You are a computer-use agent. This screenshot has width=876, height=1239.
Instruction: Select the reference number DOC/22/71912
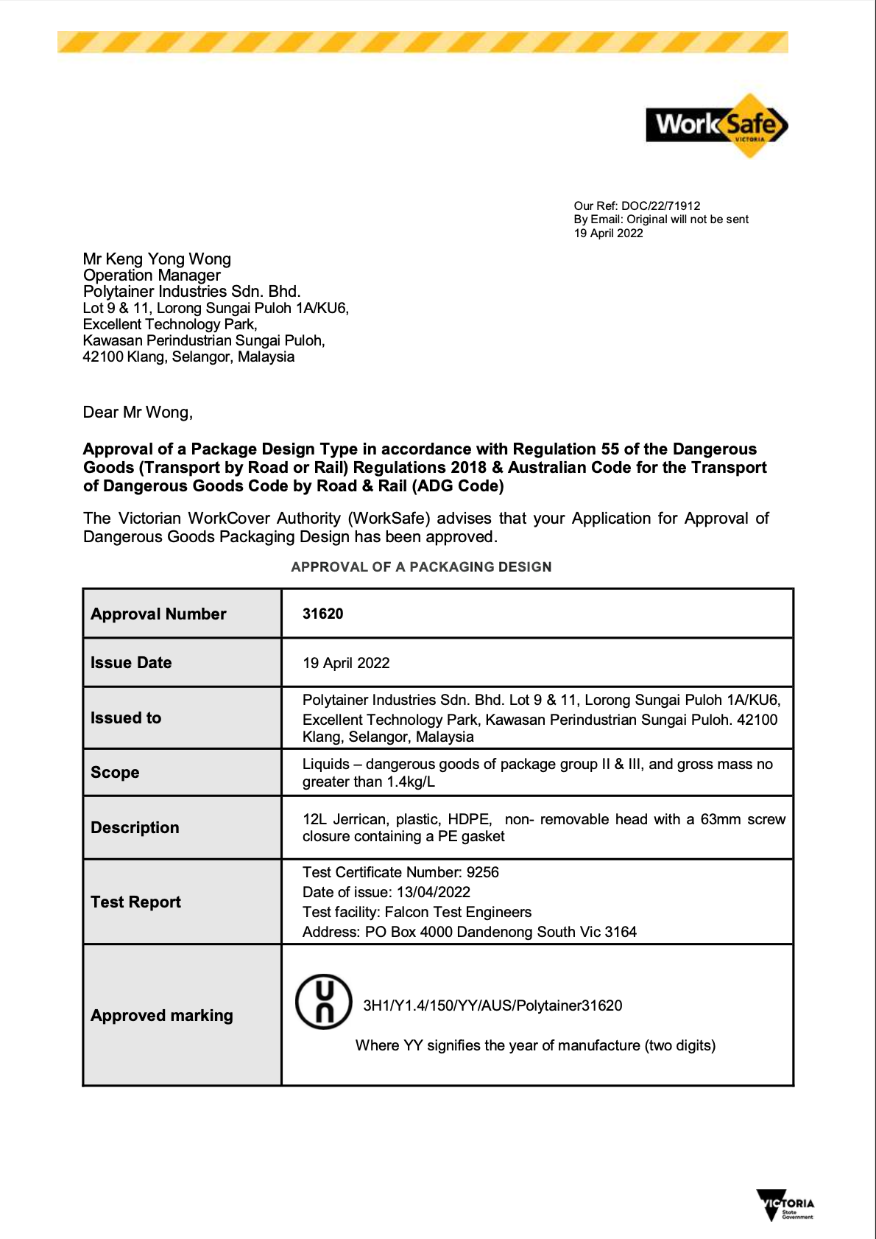coord(660,206)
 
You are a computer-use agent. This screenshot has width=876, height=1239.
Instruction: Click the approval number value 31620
coord(322,614)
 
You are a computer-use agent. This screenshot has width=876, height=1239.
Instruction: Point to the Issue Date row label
coord(131,662)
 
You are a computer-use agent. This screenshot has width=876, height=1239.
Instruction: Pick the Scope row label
coord(115,772)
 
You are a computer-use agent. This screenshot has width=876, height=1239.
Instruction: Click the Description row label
coord(135,827)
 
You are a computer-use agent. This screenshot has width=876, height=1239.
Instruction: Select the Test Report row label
coord(135,902)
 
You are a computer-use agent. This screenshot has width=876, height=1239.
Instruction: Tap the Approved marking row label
coord(162,1015)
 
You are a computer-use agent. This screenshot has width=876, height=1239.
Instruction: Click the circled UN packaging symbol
coord(324,1002)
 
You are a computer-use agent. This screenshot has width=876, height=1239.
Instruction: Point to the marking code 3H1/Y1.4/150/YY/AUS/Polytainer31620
coord(492,1005)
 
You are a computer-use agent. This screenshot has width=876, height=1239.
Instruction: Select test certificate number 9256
coord(482,872)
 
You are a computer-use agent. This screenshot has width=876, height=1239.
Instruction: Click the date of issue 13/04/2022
coord(434,892)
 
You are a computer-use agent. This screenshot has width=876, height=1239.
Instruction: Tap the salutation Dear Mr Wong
coord(138,413)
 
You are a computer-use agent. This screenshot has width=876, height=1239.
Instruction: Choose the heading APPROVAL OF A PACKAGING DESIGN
coord(421,566)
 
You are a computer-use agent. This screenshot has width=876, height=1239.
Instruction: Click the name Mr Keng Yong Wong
coord(157,259)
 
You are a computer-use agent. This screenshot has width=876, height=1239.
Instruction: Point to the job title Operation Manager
coord(152,275)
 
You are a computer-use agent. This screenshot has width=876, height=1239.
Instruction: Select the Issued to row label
coord(126,717)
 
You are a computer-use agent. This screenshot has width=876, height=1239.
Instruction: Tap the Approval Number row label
coord(158,614)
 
